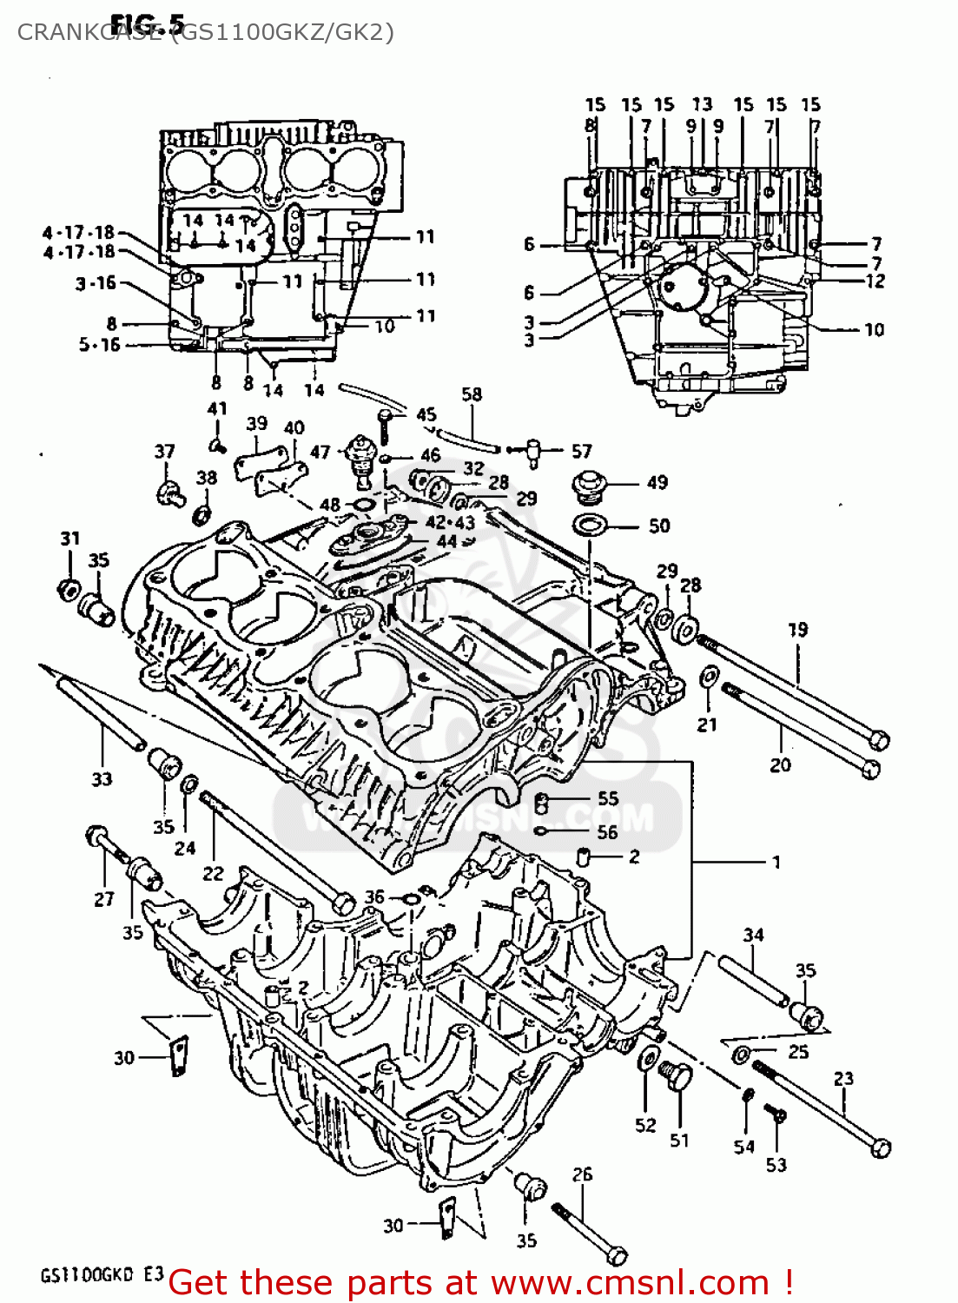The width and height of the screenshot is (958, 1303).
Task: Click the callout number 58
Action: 472,394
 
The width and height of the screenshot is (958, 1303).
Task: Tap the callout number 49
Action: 657,482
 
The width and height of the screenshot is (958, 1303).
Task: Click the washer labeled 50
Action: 591,525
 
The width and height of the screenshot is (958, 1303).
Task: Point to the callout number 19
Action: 797,629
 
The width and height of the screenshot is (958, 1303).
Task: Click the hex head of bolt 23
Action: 881,1148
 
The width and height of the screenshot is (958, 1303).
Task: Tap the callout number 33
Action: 102,779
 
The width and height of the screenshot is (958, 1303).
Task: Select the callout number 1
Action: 776,862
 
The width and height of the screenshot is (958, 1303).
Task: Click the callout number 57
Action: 581,452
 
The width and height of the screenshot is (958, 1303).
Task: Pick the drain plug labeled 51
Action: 676,1078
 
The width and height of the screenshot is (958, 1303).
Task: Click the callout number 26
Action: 582,1174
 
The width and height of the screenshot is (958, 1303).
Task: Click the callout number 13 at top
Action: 702,104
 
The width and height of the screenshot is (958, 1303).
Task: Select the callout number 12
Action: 875,281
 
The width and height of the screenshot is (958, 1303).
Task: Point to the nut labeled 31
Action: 69,589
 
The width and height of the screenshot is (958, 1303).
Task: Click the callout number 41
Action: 217,408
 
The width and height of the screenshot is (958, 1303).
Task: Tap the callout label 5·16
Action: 99,345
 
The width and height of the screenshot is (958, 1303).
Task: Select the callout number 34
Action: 753,935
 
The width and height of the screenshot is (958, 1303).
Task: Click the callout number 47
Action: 320,452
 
